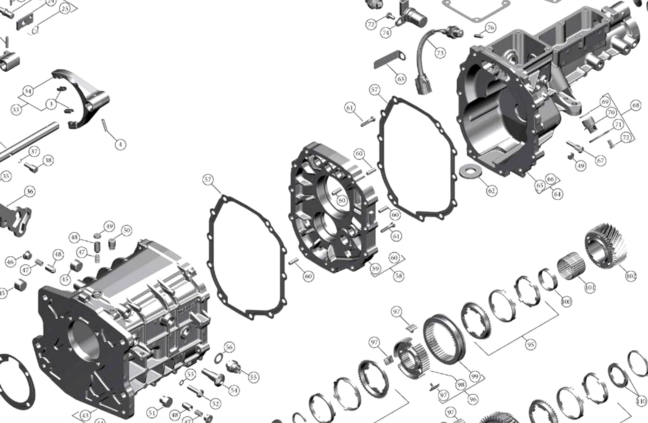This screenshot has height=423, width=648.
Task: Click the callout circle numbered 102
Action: [631, 276]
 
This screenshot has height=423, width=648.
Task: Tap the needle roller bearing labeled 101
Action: [571, 266]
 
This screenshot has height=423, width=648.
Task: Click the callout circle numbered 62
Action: [491, 191]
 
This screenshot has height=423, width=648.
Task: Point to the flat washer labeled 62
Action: [470, 171]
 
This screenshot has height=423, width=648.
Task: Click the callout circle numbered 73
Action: [440, 53]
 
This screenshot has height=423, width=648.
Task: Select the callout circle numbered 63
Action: [400, 79]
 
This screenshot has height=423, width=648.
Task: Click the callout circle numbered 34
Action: [28, 91]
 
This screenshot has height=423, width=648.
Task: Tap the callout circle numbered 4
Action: [120, 144]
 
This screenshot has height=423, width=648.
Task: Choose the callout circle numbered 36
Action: [30, 192]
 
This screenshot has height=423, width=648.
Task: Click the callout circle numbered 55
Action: [253, 377]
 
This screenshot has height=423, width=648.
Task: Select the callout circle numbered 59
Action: [375, 268]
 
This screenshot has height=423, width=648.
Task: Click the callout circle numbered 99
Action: [474, 377]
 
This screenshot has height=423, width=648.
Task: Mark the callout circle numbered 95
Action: [530, 345]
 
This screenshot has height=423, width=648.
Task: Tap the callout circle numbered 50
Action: [127, 230]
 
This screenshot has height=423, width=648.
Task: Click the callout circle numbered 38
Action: [48, 160]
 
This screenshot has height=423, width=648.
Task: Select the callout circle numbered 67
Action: [601, 160]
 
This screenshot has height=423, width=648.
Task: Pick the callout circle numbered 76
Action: [490, 28]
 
